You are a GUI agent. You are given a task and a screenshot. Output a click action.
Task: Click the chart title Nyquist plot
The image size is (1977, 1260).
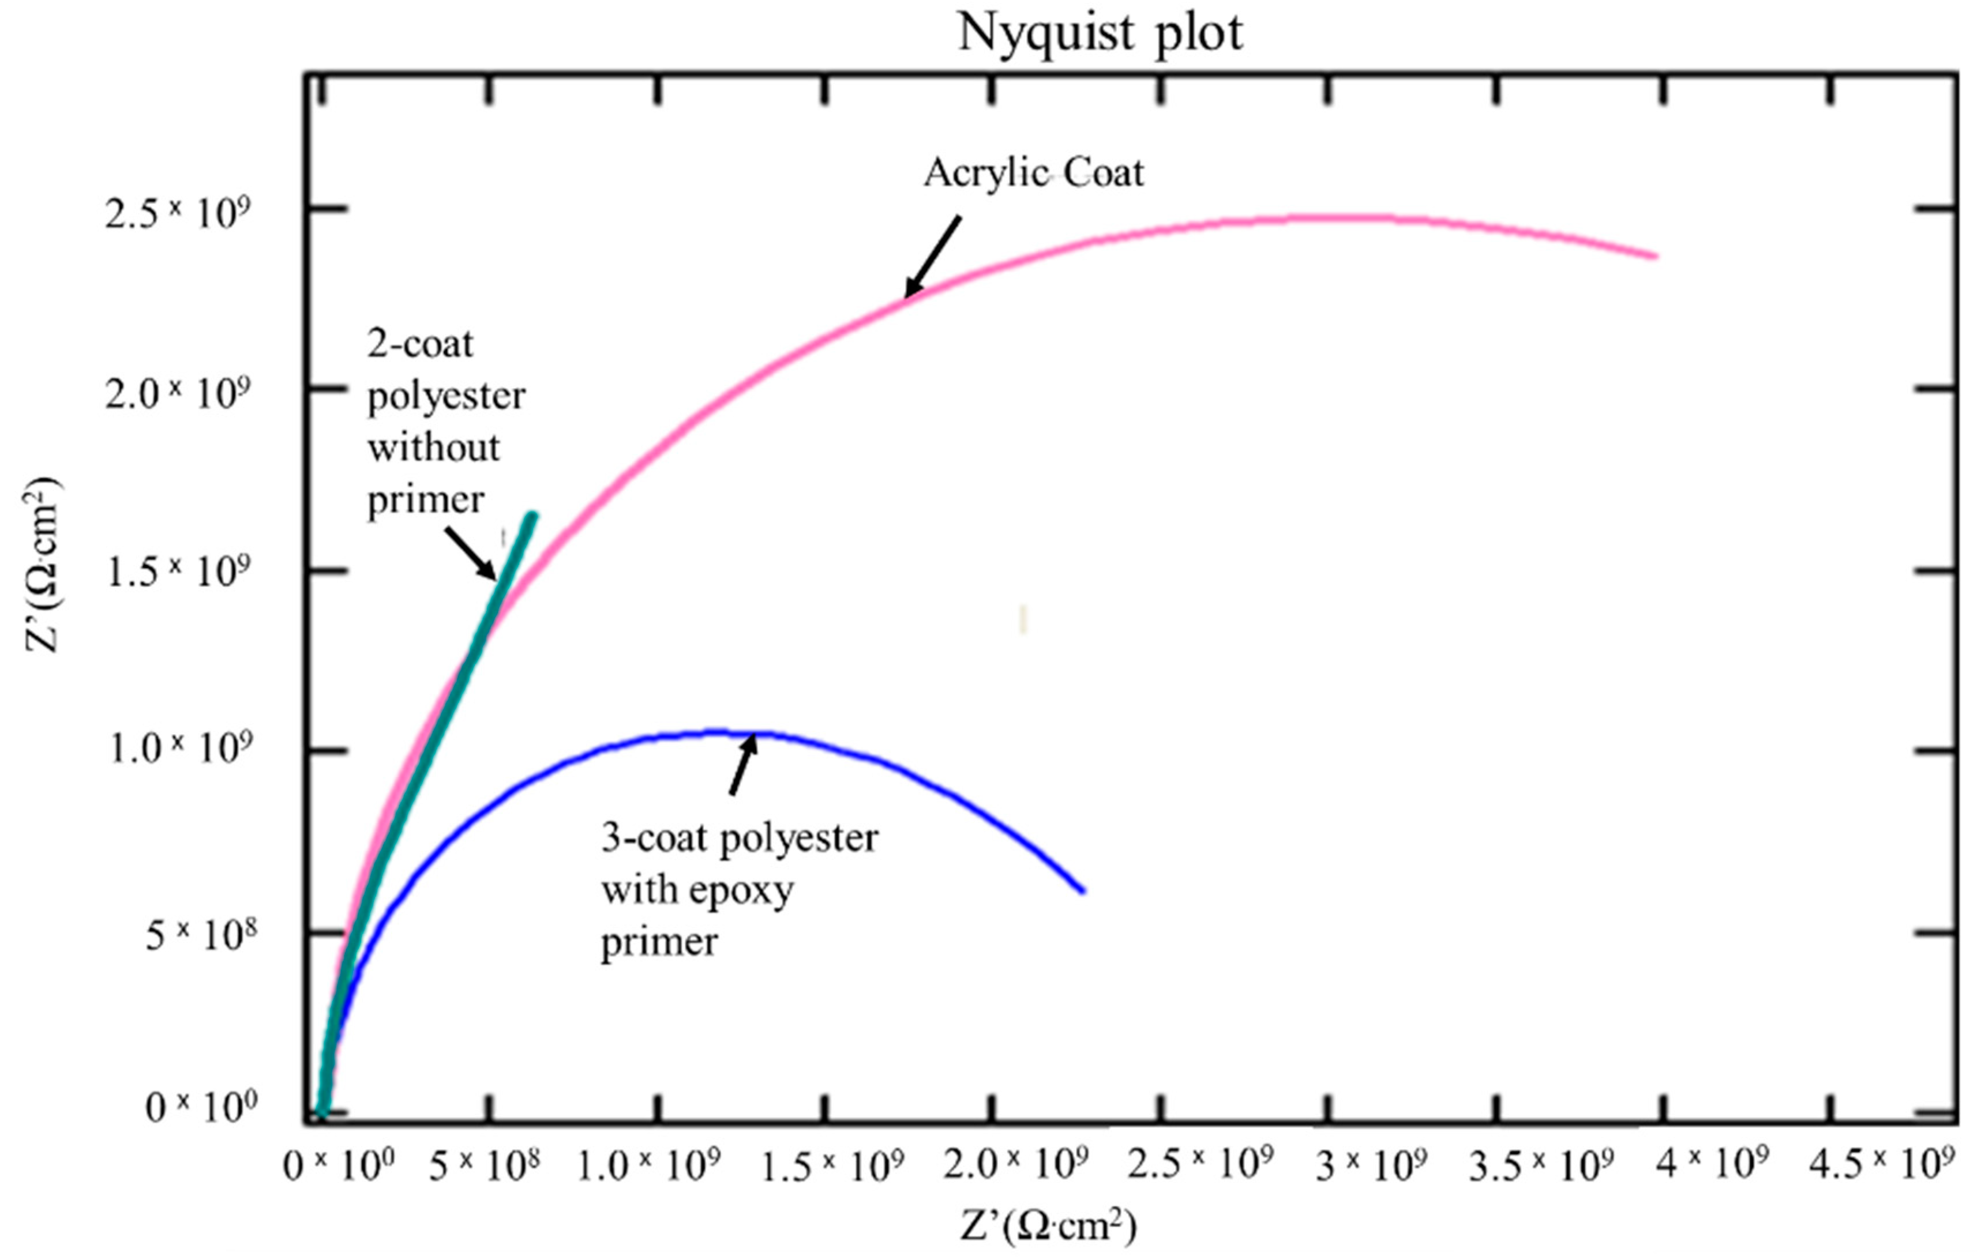[x=1100, y=33]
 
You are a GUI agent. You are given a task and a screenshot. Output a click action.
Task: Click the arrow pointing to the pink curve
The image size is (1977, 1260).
[x=933, y=256]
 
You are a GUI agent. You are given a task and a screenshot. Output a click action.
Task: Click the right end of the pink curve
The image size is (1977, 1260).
[x=1655, y=256]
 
